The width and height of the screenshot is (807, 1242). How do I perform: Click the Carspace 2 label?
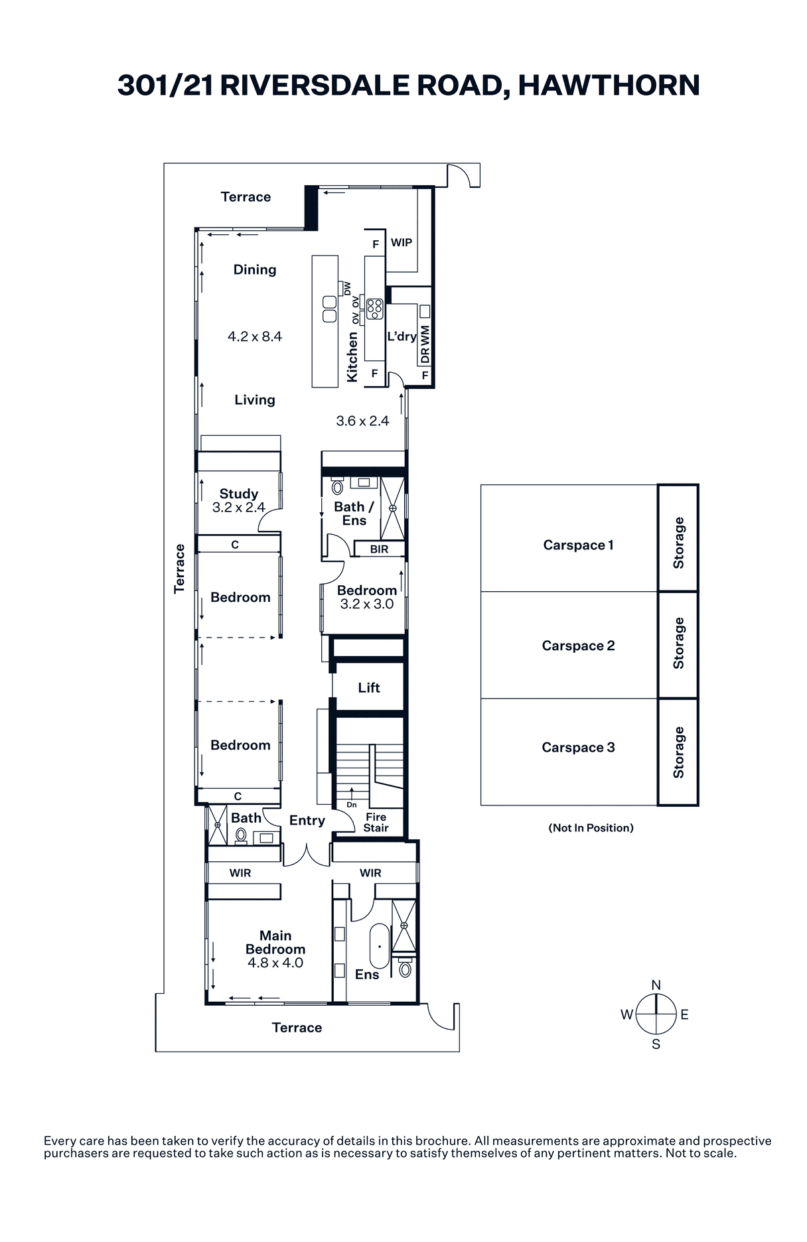(578, 646)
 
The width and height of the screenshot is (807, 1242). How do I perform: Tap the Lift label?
(369, 687)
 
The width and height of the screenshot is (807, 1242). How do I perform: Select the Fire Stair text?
(376, 822)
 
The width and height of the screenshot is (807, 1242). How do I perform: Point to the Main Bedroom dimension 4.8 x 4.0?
(275, 963)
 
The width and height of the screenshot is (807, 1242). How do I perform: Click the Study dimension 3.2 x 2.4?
(239, 508)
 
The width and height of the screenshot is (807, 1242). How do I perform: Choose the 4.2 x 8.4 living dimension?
(255, 336)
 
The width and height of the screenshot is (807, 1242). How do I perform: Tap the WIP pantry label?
(402, 242)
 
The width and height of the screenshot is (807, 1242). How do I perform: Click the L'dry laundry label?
(402, 336)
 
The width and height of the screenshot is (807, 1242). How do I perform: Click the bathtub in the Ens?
(380, 946)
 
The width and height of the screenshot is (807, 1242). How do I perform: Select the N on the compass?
(656, 985)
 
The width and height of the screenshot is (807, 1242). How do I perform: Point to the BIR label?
(379, 549)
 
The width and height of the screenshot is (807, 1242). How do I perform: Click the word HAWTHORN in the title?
(609, 86)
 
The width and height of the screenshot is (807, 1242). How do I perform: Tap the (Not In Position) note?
(591, 827)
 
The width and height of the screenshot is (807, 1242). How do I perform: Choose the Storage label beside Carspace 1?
(678, 543)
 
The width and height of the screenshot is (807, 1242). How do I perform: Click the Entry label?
(307, 821)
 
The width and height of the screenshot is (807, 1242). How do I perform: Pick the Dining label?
(255, 269)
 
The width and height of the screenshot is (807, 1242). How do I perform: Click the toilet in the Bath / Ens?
(338, 487)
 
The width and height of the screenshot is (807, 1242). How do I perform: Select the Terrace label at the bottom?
(297, 1028)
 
